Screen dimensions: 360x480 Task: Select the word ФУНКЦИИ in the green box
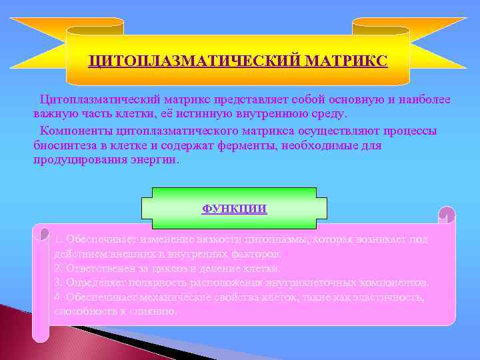(x=234, y=209)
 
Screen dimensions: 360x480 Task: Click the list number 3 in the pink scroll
(x=57, y=283)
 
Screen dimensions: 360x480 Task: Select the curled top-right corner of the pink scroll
(x=447, y=215)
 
